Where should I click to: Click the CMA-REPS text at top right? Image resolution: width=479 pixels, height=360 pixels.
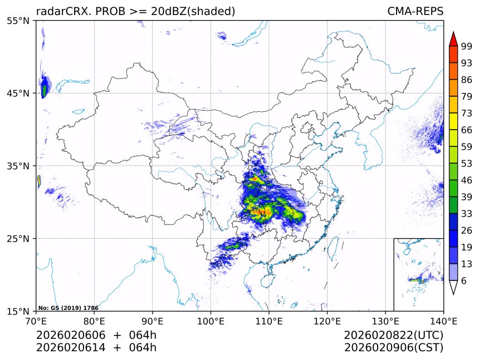coord(415,11)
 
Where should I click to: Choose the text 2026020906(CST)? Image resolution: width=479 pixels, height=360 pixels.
coord(393,348)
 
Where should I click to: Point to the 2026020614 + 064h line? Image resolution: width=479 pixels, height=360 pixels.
coord(96,348)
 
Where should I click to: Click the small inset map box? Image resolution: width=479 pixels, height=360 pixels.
coord(418,274)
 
